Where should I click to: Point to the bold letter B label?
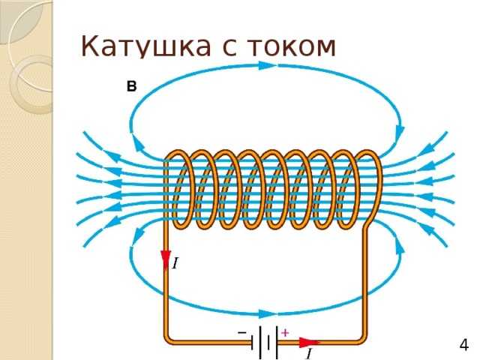132,86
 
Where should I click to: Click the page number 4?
463,345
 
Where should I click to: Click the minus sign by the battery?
242,331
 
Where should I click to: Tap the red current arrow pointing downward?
166,259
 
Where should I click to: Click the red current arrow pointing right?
307,343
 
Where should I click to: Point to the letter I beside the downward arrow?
175,263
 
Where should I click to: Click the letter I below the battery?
307,353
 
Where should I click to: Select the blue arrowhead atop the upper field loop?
266,65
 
